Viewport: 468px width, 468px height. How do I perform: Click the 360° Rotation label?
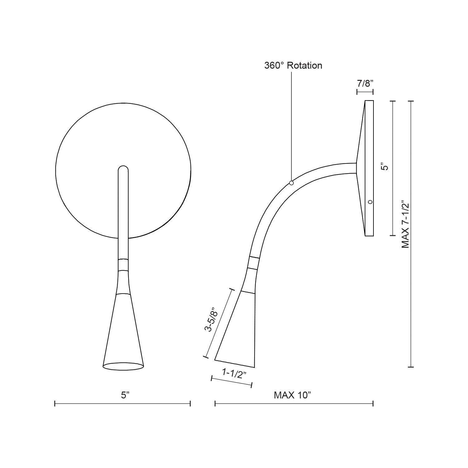(x=293, y=66)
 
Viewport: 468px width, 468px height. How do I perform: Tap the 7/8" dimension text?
(x=365, y=83)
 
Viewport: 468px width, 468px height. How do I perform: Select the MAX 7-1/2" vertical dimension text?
(x=405, y=224)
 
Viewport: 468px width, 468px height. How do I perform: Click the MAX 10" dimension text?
(x=293, y=395)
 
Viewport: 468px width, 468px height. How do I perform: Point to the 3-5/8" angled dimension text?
(x=212, y=320)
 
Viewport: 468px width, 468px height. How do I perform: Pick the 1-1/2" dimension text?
(x=232, y=373)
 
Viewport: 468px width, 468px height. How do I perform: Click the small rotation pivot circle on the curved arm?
(x=291, y=183)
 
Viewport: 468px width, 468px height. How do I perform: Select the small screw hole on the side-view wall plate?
(x=370, y=202)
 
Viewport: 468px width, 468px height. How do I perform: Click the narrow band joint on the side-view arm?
(x=253, y=263)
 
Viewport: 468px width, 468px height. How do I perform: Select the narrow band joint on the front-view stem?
(x=123, y=265)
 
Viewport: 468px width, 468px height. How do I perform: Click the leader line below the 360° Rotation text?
(x=291, y=125)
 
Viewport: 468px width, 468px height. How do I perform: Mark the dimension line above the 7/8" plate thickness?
(x=365, y=92)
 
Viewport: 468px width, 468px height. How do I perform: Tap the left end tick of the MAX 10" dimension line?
(x=215, y=404)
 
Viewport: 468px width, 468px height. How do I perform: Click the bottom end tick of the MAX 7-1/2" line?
(x=411, y=367)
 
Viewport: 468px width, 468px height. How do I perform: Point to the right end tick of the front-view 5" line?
(x=190, y=404)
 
